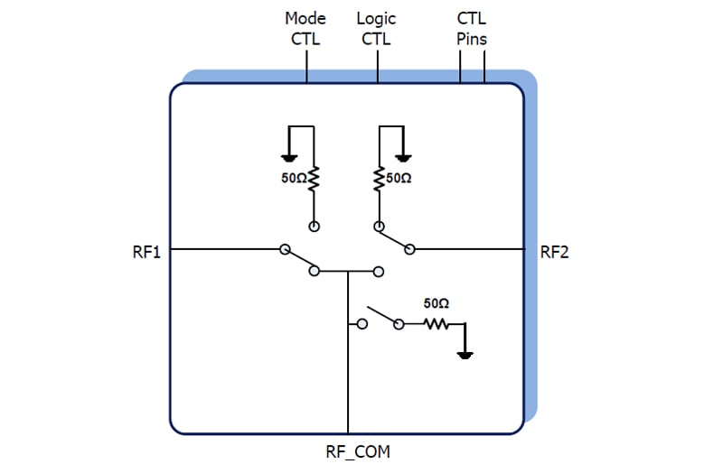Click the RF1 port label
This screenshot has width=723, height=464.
146,252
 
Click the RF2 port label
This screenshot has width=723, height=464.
555,252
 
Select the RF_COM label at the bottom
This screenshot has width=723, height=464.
358,450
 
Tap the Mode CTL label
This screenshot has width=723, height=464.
305,28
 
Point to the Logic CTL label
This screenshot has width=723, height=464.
376,28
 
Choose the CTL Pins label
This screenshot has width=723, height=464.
472,28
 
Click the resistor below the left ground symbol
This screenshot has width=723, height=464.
314,181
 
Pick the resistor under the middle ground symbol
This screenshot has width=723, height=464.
379,181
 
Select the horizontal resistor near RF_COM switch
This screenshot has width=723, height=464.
437,322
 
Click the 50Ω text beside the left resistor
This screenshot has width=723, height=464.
295,179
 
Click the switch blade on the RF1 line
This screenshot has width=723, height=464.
299,259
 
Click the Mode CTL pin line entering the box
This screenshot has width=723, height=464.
306,67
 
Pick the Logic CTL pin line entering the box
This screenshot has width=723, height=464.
377,67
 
